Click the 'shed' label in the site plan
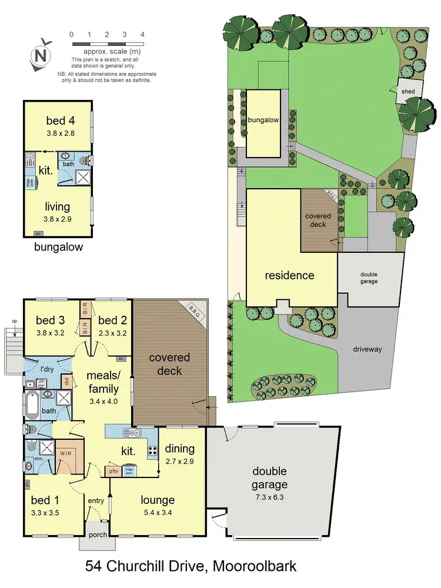coord(407,92)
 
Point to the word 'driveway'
coord(367,349)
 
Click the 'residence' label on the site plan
coord(289,275)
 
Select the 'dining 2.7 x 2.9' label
coord(181,453)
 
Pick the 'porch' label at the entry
coord(94,535)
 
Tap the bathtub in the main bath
coord(32,406)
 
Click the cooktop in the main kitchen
coord(152,451)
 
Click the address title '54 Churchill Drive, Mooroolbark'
coord(191,567)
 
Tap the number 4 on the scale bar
coord(143,35)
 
